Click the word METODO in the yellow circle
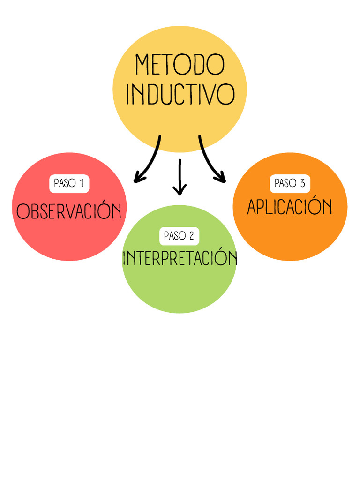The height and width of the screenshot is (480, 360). [180, 65]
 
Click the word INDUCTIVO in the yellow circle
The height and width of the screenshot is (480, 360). [180, 94]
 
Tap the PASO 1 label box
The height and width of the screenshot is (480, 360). [69, 183]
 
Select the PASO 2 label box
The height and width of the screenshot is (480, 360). [179, 236]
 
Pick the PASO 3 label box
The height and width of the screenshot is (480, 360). [290, 183]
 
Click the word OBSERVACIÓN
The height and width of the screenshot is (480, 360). [69, 211]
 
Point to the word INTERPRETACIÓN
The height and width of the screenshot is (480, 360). [180, 258]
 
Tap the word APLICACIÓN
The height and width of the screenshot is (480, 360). [290, 207]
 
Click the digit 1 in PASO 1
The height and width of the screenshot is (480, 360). [82, 183]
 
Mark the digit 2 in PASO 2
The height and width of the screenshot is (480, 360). [191, 236]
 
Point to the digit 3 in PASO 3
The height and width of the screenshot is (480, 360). [302, 183]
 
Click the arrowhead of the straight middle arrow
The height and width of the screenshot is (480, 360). [180, 190]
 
